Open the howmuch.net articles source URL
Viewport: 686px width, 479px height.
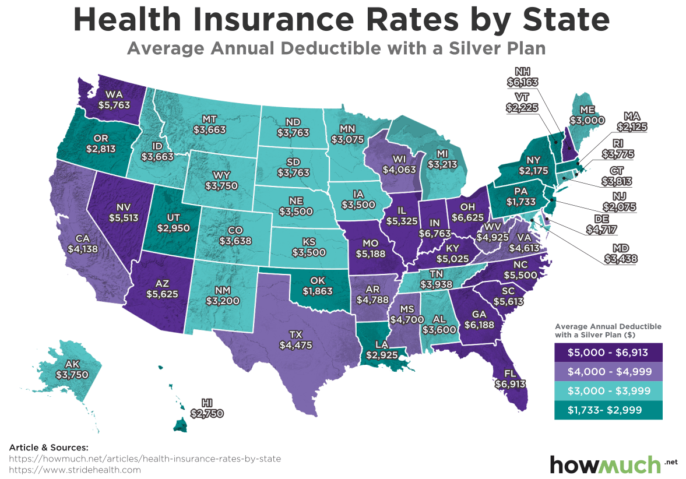(x=145, y=459)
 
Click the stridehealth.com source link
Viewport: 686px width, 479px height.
(x=76, y=469)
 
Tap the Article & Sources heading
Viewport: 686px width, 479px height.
(x=48, y=448)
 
